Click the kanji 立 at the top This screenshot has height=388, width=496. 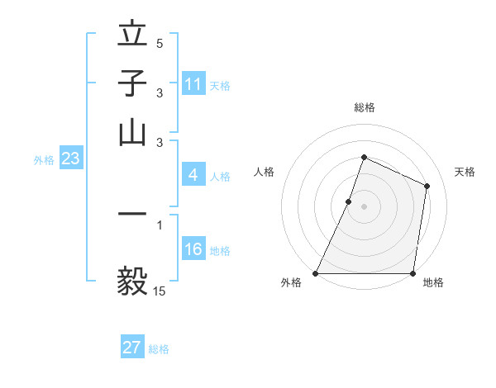point(133,36)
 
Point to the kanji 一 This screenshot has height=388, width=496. point(133,214)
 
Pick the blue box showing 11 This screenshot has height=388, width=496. point(193,84)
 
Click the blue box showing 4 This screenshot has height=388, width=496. point(193,175)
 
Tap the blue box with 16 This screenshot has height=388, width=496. point(193,250)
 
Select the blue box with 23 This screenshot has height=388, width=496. point(70,159)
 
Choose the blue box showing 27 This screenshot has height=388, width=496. point(132,348)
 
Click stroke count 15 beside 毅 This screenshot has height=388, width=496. point(160,291)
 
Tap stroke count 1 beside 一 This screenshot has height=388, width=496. point(160,224)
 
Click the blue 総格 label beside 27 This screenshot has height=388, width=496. point(159,349)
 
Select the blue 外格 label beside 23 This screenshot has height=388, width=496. point(43,161)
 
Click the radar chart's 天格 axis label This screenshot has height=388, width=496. point(465,172)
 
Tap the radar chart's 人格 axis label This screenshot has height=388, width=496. point(264,172)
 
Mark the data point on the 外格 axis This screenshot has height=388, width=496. point(316,273)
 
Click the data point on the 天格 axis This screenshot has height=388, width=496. point(427,186)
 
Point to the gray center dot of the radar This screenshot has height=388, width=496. point(364,206)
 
